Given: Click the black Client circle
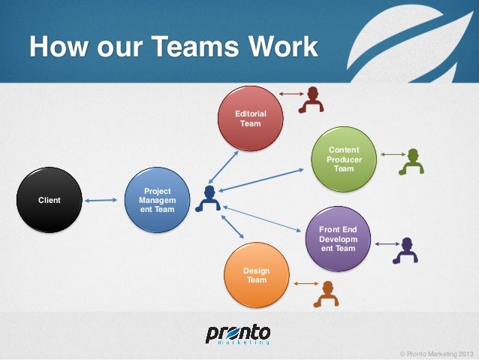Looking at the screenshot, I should click(x=49, y=200).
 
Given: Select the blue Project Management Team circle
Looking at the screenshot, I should click(x=157, y=200).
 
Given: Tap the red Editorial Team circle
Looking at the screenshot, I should click(x=250, y=118).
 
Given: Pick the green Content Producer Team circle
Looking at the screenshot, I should click(x=343, y=159).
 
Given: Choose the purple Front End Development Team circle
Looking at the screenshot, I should click(x=337, y=238).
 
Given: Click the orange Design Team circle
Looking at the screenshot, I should click(x=256, y=275).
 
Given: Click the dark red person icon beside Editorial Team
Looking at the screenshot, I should click(x=311, y=98).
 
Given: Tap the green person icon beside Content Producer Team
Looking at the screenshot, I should click(x=411, y=161).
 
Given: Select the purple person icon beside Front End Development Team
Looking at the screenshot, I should click(x=406, y=250).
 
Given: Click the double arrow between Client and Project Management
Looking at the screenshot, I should click(x=101, y=200).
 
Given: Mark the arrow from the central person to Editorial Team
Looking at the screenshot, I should click(x=223, y=166).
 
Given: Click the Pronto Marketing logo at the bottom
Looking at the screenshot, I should click(x=238, y=334).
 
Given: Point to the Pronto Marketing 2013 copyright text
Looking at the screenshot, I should click(x=438, y=352).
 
